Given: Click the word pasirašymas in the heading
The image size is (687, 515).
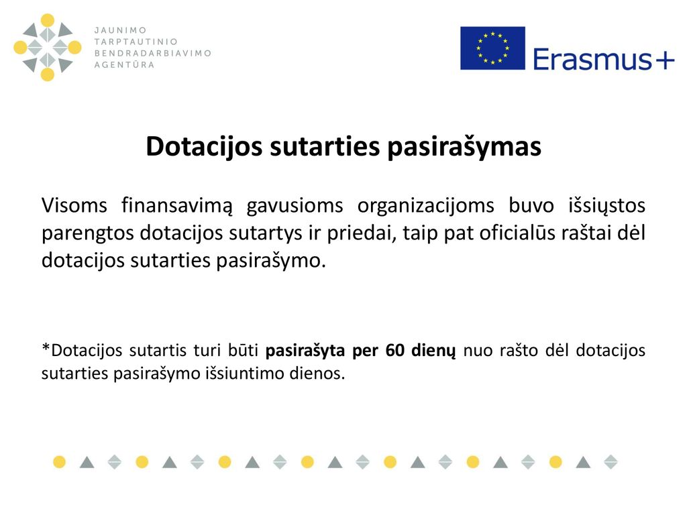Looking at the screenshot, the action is [464, 146].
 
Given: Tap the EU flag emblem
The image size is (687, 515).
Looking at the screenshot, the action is [492, 48].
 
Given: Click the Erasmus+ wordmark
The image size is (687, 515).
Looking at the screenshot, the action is [603, 59].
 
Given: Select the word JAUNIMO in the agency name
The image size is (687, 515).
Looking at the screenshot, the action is [121, 30].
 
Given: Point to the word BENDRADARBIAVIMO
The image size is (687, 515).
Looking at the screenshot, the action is [153, 53].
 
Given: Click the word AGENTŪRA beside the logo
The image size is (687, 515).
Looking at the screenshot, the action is [124, 64].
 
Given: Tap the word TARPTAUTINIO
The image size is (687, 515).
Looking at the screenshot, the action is [136, 42].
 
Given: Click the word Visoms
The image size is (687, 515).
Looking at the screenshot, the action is [74, 205].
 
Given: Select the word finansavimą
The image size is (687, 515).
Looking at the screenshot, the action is [176, 206].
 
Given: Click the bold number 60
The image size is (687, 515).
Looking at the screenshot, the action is [394, 351].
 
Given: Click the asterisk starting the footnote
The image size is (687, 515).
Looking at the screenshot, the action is [46, 348].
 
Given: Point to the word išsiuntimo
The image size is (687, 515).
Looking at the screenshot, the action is [243, 374].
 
